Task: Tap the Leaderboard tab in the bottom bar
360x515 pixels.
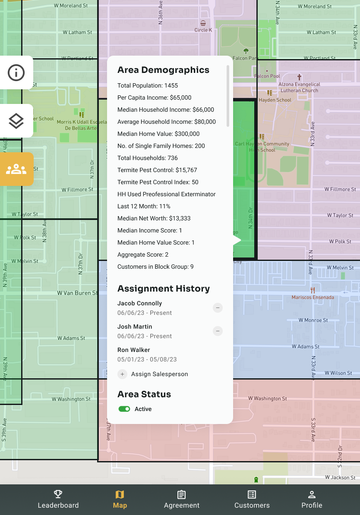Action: click(x=58, y=499)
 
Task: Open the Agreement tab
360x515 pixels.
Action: click(x=181, y=499)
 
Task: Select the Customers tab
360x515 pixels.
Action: click(x=252, y=499)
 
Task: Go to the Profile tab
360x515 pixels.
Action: click(x=312, y=499)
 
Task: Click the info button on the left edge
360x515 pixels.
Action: click(x=16, y=72)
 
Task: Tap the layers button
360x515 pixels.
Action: click(x=16, y=121)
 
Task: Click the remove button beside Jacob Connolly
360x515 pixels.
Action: click(x=218, y=308)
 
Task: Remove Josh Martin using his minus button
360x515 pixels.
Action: click(x=218, y=331)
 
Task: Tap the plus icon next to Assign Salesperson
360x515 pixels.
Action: click(x=123, y=374)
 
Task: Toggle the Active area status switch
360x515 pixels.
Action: click(x=124, y=409)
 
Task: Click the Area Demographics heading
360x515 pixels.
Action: click(x=163, y=70)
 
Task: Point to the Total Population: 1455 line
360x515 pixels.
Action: click(x=148, y=85)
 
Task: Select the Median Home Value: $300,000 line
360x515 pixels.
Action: click(x=158, y=134)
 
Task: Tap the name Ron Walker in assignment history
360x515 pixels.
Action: click(x=134, y=350)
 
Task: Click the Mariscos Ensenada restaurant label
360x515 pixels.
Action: click(x=313, y=297)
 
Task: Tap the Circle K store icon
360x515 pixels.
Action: click(x=203, y=23)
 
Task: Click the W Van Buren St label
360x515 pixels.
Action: click(x=77, y=293)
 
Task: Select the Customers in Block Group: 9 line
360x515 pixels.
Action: click(x=155, y=267)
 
